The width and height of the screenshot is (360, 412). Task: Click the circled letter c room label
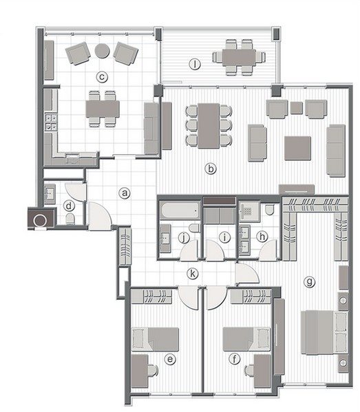[x=102, y=77]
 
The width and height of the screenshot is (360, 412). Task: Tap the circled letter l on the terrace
[x=195, y=64]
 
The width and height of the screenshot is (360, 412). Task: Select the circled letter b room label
[x=211, y=169]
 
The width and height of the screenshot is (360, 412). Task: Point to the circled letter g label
[x=309, y=282]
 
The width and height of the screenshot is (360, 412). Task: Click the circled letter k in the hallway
[x=193, y=274]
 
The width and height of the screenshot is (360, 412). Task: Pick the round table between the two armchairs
[x=102, y=50]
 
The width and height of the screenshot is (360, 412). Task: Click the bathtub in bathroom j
[x=180, y=210]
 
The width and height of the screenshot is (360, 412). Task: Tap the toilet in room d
[x=70, y=219]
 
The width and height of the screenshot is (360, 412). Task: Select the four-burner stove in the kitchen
[x=51, y=122]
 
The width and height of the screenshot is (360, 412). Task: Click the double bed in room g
[x=324, y=332]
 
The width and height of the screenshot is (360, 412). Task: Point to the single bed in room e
[x=155, y=339]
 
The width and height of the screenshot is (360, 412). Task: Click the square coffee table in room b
[x=297, y=148]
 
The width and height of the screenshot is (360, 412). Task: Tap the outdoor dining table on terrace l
[x=239, y=57]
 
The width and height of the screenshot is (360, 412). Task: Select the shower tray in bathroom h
[x=249, y=212]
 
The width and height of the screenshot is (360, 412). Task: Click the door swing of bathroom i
[x=214, y=250]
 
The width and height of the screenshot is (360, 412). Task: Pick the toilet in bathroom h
[x=270, y=210]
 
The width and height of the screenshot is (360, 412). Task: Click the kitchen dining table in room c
[x=103, y=109]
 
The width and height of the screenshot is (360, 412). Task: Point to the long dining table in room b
[x=209, y=126]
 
